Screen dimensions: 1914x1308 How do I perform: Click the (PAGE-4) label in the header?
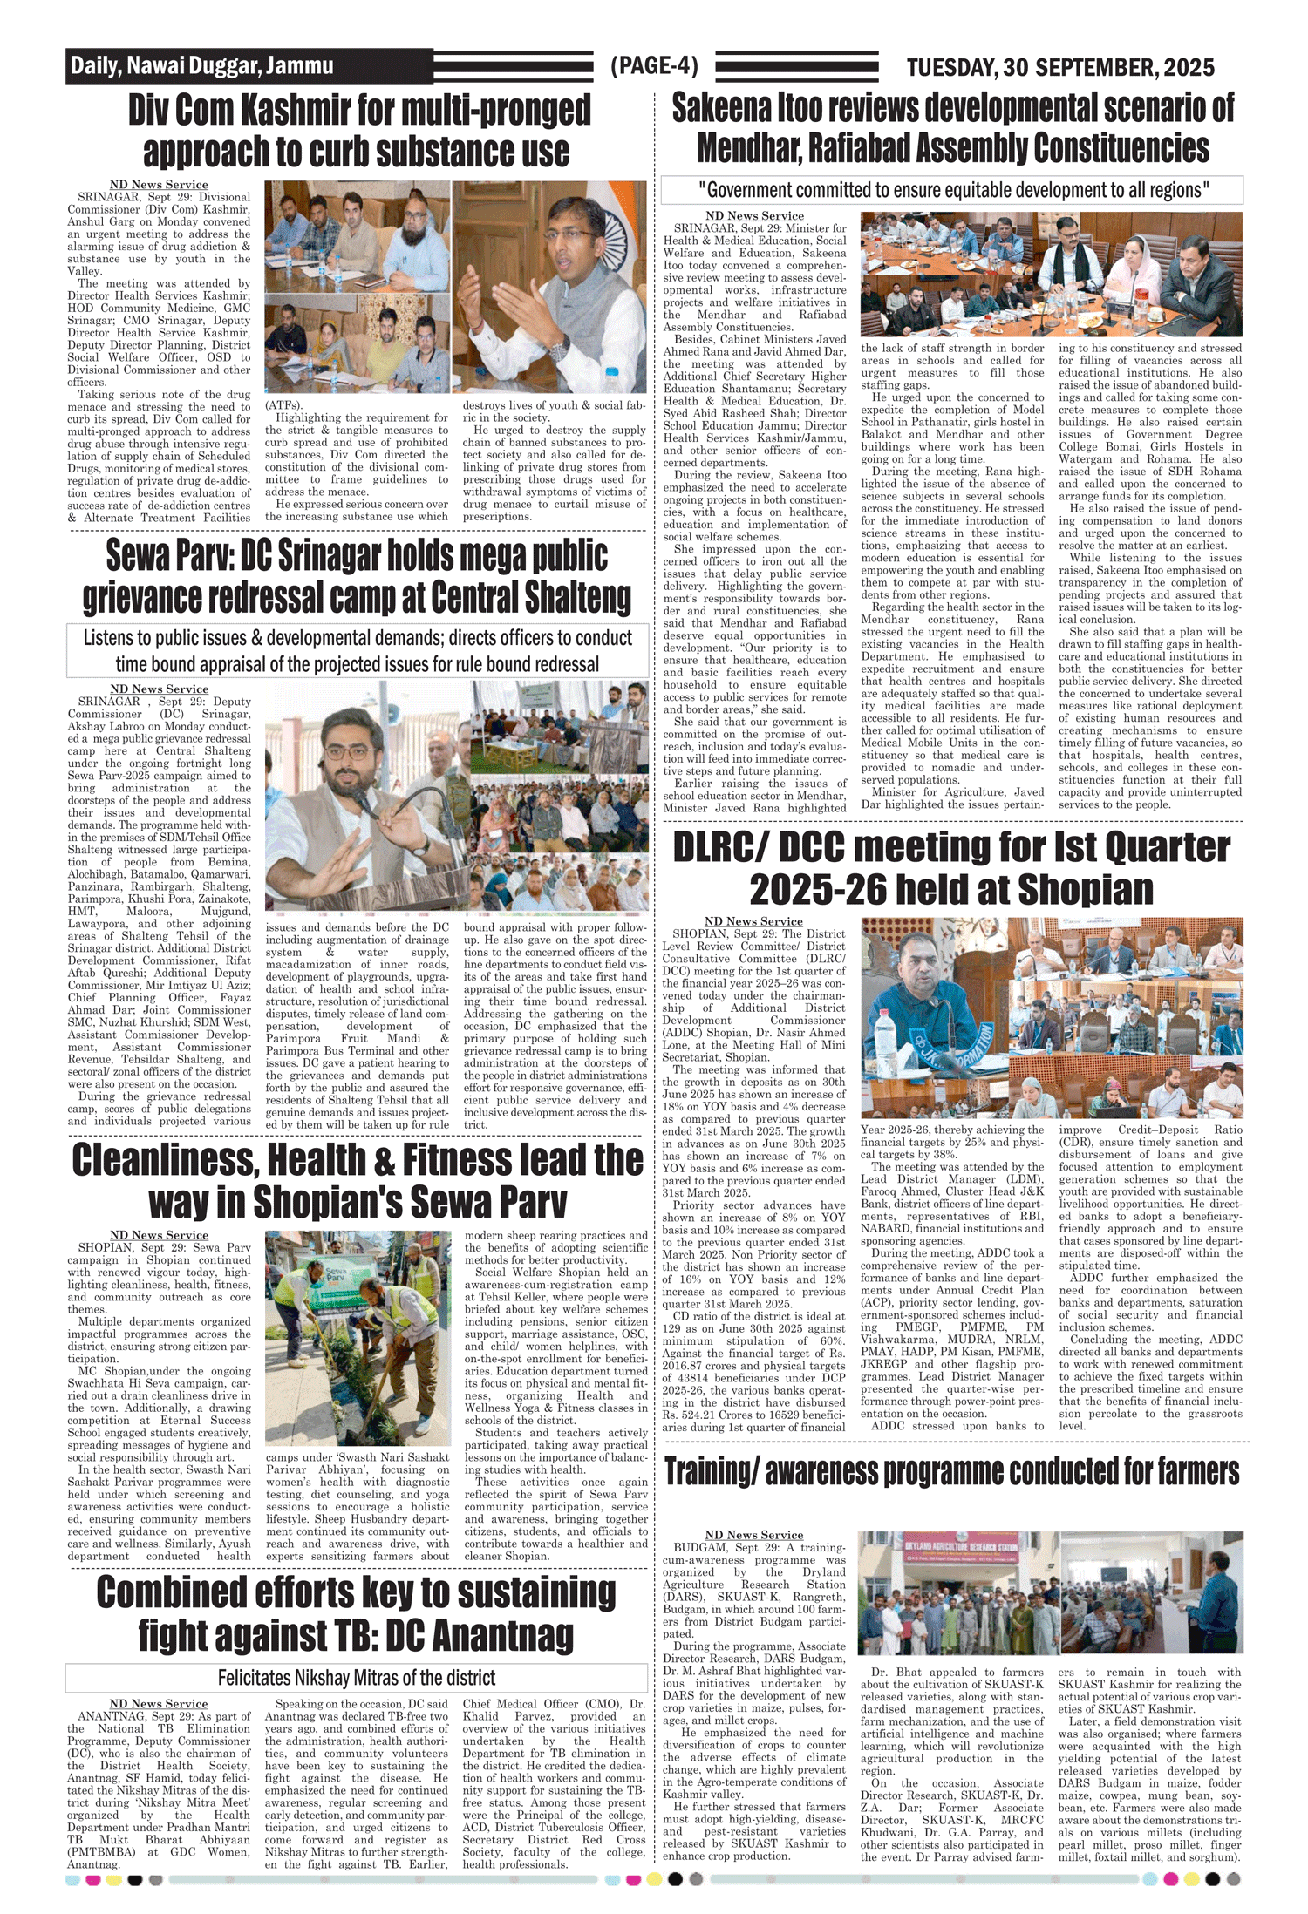(x=654, y=66)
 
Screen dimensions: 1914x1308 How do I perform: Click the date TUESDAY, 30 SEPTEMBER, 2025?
(x=1059, y=67)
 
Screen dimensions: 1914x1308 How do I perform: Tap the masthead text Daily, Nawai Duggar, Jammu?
(x=202, y=66)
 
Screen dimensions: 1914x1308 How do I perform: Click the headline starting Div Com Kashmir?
(x=358, y=131)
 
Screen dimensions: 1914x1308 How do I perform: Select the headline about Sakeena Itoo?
(x=952, y=127)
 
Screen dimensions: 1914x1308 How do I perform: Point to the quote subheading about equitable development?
(x=952, y=190)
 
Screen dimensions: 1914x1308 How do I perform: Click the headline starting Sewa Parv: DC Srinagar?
(x=358, y=577)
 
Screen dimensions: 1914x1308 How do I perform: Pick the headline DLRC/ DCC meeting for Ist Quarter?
(x=951, y=868)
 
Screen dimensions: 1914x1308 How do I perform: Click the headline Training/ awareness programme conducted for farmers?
(x=951, y=1471)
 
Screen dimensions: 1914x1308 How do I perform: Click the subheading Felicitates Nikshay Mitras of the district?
(x=357, y=1678)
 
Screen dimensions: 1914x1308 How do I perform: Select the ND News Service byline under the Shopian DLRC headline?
(x=753, y=921)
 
